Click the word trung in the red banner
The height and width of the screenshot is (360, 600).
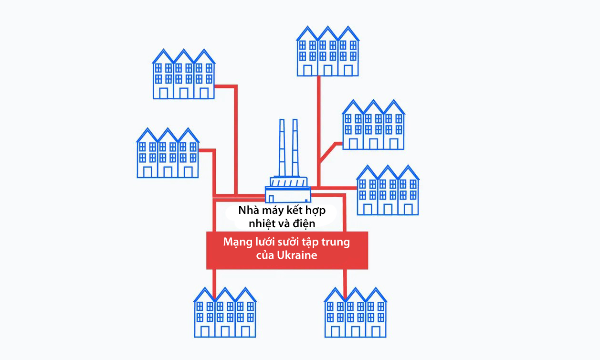click(337, 242)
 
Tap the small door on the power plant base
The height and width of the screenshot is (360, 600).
click(271, 197)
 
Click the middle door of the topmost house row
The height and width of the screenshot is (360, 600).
click(327, 70)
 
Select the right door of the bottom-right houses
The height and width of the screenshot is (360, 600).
click(376, 331)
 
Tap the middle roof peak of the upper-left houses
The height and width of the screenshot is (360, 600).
click(184, 50)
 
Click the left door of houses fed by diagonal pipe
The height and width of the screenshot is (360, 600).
click(353, 144)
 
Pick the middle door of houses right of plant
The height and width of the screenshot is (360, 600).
click(388, 209)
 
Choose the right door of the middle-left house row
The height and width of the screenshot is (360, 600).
click(189, 172)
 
